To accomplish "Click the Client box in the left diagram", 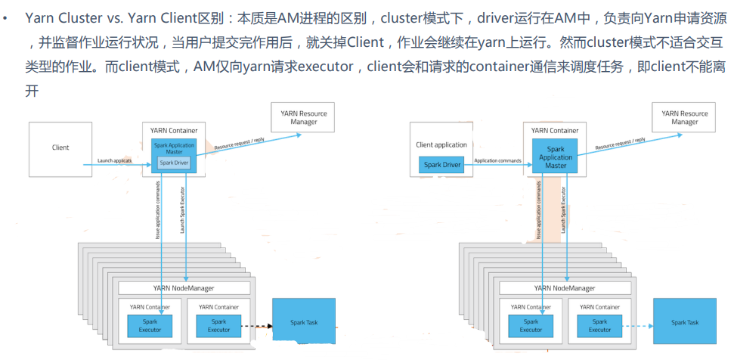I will click(x=60, y=147).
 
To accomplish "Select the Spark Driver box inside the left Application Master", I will click(x=174, y=163).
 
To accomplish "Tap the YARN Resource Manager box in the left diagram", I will click(x=303, y=117).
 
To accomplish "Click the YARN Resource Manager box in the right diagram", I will click(x=684, y=117).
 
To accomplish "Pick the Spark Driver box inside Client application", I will click(x=442, y=163).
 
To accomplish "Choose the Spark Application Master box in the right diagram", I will click(x=556, y=155).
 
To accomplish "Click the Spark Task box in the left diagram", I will click(x=303, y=322).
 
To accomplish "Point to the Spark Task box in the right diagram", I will click(x=684, y=322).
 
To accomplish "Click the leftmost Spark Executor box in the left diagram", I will click(x=150, y=325).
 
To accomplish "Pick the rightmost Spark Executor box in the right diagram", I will click(x=599, y=325).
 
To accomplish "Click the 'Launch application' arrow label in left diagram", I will click(x=115, y=160).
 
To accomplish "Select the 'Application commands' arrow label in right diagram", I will click(x=497, y=160).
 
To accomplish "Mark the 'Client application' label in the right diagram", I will click(x=441, y=144).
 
